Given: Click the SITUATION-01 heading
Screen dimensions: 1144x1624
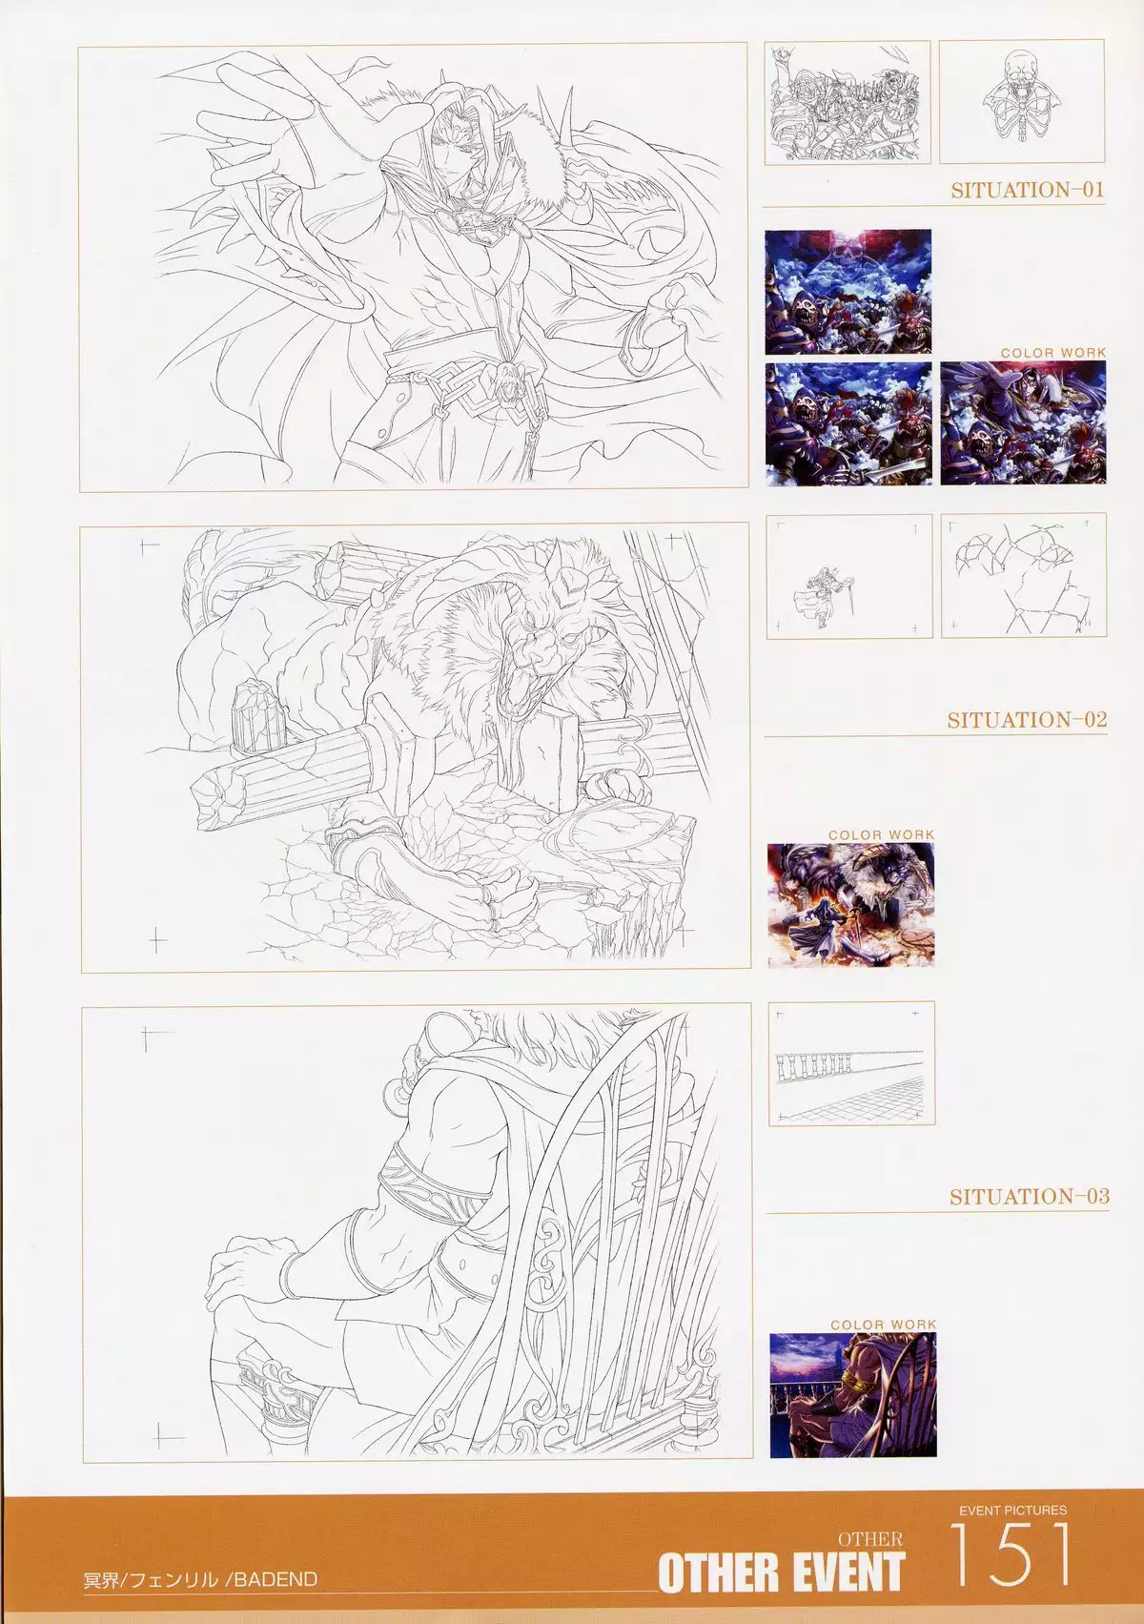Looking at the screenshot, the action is tap(1028, 191).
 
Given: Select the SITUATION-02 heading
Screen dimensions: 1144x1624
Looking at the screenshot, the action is tap(1027, 720).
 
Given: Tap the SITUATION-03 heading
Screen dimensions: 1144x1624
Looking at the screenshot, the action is tap(1030, 1196).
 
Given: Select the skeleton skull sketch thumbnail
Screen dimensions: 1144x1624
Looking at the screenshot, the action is tap(1021, 101).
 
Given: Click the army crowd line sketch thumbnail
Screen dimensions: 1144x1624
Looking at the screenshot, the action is tap(847, 101).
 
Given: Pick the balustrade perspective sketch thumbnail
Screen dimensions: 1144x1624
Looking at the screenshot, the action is tap(851, 1063).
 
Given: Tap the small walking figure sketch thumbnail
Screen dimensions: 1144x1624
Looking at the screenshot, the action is tap(848, 577).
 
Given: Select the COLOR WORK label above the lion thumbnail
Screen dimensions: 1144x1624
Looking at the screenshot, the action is tap(882, 835).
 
